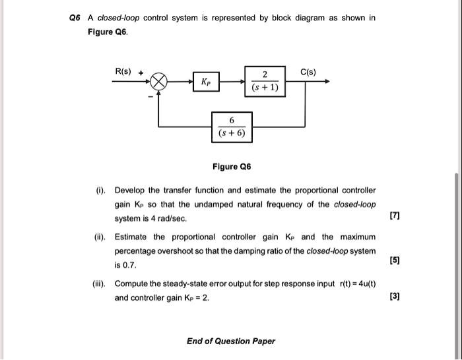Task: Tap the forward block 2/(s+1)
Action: pos(265,80)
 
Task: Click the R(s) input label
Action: pos(123,71)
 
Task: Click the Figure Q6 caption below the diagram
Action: pos(231,167)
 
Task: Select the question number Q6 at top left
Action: pos(75,18)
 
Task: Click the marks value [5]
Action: pos(395,260)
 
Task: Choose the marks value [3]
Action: pos(395,297)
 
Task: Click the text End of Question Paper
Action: pos(231,341)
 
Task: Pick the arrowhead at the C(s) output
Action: pos(327,83)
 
